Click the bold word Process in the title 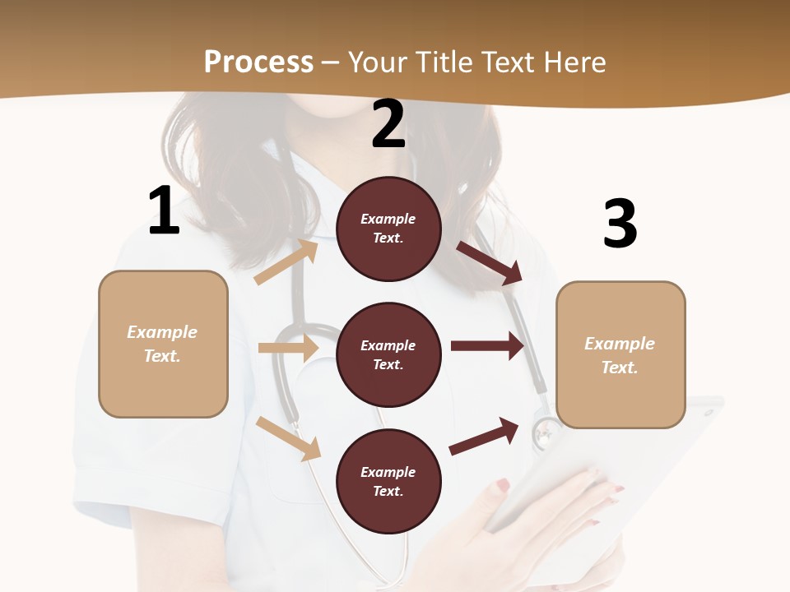(x=258, y=62)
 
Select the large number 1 (x=164, y=211)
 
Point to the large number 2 (x=388, y=124)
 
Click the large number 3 (x=620, y=224)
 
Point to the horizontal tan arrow (x=288, y=348)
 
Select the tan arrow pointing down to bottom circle (x=289, y=438)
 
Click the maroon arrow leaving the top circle (x=490, y=262)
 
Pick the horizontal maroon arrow (x=487, y=345)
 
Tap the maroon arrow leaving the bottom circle (x=485, y=437)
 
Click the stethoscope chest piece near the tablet (x=546, y=432)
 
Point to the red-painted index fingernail (x=502, y=485)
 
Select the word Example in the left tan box (x=162, y=332)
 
